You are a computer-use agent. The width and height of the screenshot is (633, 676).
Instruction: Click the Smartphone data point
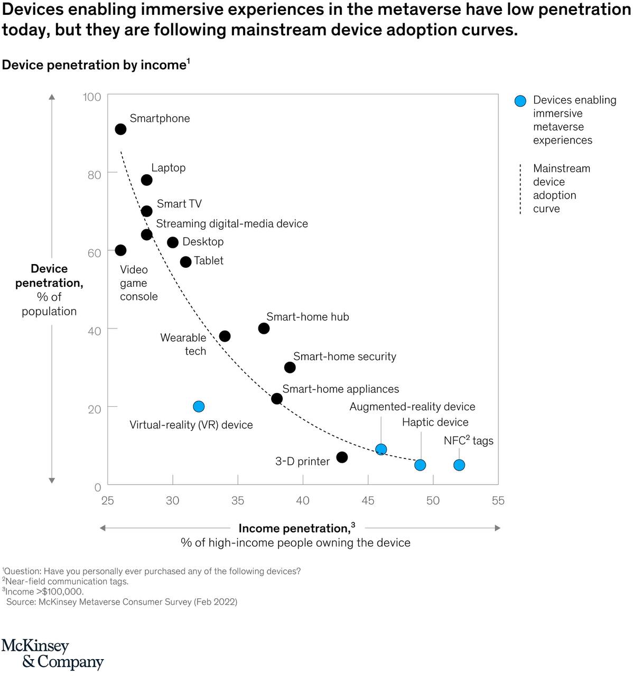pos(120,129)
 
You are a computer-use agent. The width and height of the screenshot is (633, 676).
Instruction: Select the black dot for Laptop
pos(147,180)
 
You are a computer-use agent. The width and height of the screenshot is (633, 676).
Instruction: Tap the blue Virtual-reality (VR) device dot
pos(199,406)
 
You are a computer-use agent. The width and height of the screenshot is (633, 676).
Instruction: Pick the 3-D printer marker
pos(342,457)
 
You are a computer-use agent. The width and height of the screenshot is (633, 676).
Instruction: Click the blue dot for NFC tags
pos(459,465)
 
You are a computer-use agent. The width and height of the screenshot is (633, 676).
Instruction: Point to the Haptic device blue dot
pos(420,465)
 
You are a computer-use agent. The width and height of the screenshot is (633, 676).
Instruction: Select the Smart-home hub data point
pos(264,328)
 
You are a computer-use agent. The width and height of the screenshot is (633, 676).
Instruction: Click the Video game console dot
pos(120,250)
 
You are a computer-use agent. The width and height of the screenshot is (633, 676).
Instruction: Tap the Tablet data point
pos(185,262)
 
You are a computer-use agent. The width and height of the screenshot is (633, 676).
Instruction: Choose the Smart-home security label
pos(345,356)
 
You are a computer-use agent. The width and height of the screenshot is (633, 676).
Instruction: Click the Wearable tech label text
pos(183,344)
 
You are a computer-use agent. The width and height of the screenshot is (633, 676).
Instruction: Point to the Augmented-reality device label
pos(412,407)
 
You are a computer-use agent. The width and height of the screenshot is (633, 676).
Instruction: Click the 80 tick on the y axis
pos(95,175)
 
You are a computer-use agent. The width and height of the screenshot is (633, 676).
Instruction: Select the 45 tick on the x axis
pos(368,500)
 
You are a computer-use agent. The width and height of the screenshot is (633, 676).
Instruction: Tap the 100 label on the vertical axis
pos(92,97)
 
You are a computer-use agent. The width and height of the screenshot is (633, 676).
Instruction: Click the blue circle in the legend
pos(520,101)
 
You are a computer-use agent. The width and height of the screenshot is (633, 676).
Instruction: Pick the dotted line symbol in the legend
pos(520,189)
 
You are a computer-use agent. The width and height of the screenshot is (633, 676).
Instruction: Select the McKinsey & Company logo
pos(52,654)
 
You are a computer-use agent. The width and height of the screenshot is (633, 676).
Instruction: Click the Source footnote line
pos(122,602)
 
